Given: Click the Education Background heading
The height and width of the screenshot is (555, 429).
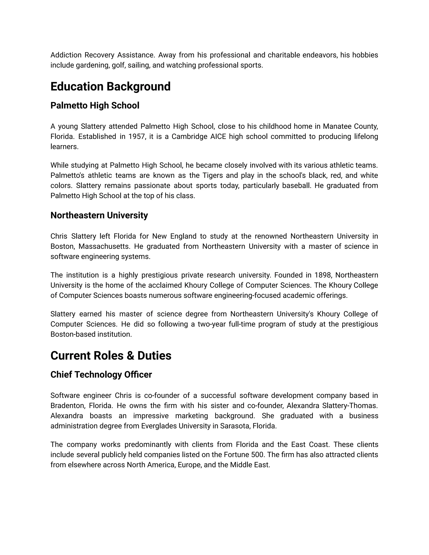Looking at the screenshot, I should coord(110,87).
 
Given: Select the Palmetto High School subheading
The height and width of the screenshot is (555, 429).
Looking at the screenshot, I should coord(95,106).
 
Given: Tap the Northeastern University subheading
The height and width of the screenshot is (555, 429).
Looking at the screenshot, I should coord(99,215).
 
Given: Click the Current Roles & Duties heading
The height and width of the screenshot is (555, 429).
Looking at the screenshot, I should coord(111,356).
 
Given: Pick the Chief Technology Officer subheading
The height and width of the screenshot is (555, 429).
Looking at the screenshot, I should coord(101,375).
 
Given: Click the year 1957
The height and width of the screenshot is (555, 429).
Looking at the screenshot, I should coord(135,137).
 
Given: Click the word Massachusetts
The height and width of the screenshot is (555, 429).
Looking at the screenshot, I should coord(105,247).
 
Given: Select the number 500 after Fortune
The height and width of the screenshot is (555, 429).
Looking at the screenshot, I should coord(257,455).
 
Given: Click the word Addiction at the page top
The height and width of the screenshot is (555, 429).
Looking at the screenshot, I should coord(66,55).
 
